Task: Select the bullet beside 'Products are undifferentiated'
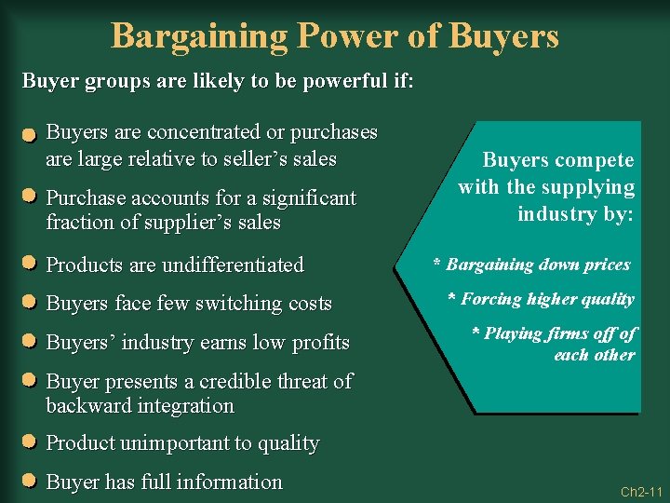click(x=29, y=265)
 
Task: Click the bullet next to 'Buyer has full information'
click(x=29, y=482)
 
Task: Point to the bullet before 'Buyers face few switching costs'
click(x=29, y=303)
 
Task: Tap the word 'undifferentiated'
click(x=233, y=265)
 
